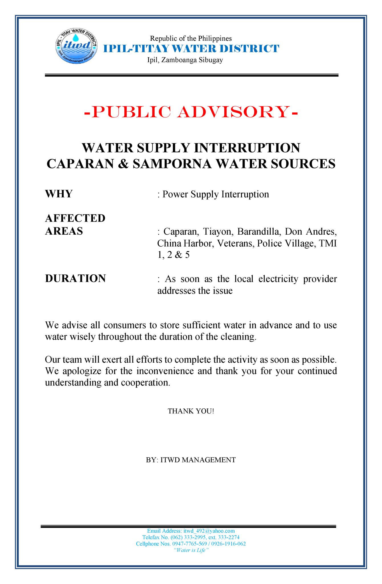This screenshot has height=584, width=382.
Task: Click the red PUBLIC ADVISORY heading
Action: point(191,112)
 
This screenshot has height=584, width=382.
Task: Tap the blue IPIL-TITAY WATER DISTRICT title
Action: point(191,49)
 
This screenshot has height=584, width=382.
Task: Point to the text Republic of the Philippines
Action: point(191,38)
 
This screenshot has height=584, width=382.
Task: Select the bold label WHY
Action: point(59,194)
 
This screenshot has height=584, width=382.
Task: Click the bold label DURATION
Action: point(75,278)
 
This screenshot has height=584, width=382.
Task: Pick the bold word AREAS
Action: point(64,231)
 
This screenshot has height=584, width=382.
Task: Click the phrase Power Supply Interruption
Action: point(215,194)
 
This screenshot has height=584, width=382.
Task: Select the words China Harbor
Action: point(180,244)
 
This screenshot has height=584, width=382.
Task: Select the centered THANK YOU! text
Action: point(191,411)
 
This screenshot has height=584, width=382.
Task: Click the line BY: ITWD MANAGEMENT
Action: point(191,460)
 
